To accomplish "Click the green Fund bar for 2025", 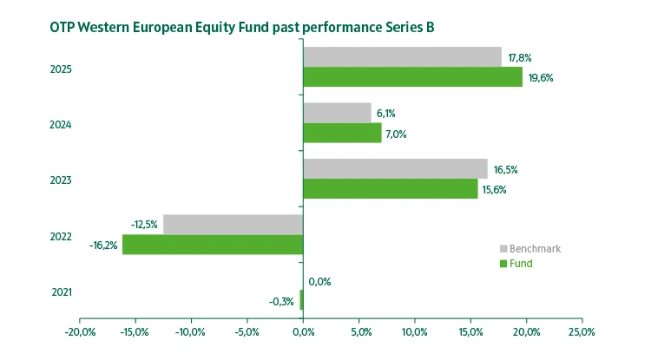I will tap(412, 77).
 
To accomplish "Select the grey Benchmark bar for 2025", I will tap(402, 57).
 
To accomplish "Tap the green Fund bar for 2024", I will tap(342, 133).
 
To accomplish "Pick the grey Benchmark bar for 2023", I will tap(395, 168).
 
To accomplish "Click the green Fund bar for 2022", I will tap(213, 245).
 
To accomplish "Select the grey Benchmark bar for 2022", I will tap(233, 225).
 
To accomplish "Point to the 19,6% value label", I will tap(540, 78).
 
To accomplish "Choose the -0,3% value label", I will tap(280, 302).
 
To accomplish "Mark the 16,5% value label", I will tap(505, 169).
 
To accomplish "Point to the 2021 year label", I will tap(62, 291).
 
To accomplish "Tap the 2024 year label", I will tap(62, 124).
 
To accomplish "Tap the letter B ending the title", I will tap(430, 27).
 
